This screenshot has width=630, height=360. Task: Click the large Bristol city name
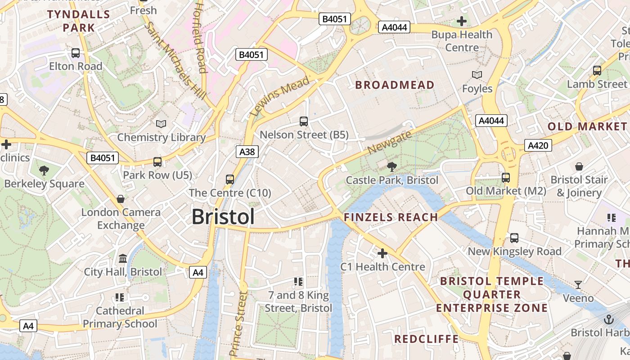tap(223, 217)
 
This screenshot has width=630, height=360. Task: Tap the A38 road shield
tap(247, 152)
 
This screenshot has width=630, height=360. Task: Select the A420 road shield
tap(537, 145)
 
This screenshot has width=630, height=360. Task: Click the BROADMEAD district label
tap(395, 85)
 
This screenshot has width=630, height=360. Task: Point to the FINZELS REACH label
tap(391, 217)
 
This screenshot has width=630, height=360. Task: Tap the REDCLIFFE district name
tap(426, 339)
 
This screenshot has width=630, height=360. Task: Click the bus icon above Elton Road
tap(76, 53)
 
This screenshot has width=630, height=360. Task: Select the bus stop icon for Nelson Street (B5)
tap(304, 121)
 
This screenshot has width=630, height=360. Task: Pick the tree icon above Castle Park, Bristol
tap(391, 167)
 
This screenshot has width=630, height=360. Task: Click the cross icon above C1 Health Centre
tap(382, 253)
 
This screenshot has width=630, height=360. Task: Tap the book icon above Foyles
tap(477, 75)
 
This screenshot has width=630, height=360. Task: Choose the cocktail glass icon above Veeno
tap(578, 284)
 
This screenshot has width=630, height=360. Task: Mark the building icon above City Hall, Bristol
tap(123, 258)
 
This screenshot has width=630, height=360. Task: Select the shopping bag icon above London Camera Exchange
tap(121, 198)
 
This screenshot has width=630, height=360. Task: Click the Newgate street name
tap(389, 143)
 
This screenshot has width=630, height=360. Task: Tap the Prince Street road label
tap(238, 324)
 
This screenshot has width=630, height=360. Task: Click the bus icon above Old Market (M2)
tap(506, 177)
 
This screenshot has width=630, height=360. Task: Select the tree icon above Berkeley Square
tap(44, 170)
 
